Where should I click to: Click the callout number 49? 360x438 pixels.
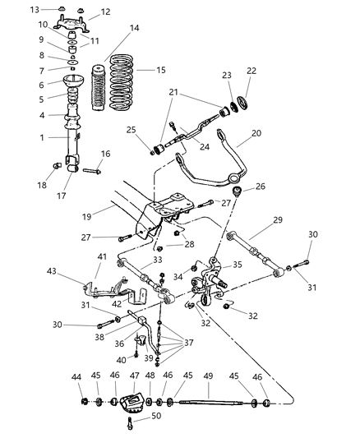tap(209, 376)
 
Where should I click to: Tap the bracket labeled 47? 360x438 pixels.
tap(129, 403)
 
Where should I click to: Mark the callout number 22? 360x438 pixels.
tap(252, 71)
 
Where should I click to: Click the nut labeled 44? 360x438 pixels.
tap(85, 403)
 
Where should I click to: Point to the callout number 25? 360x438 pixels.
tap(130, 130)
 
